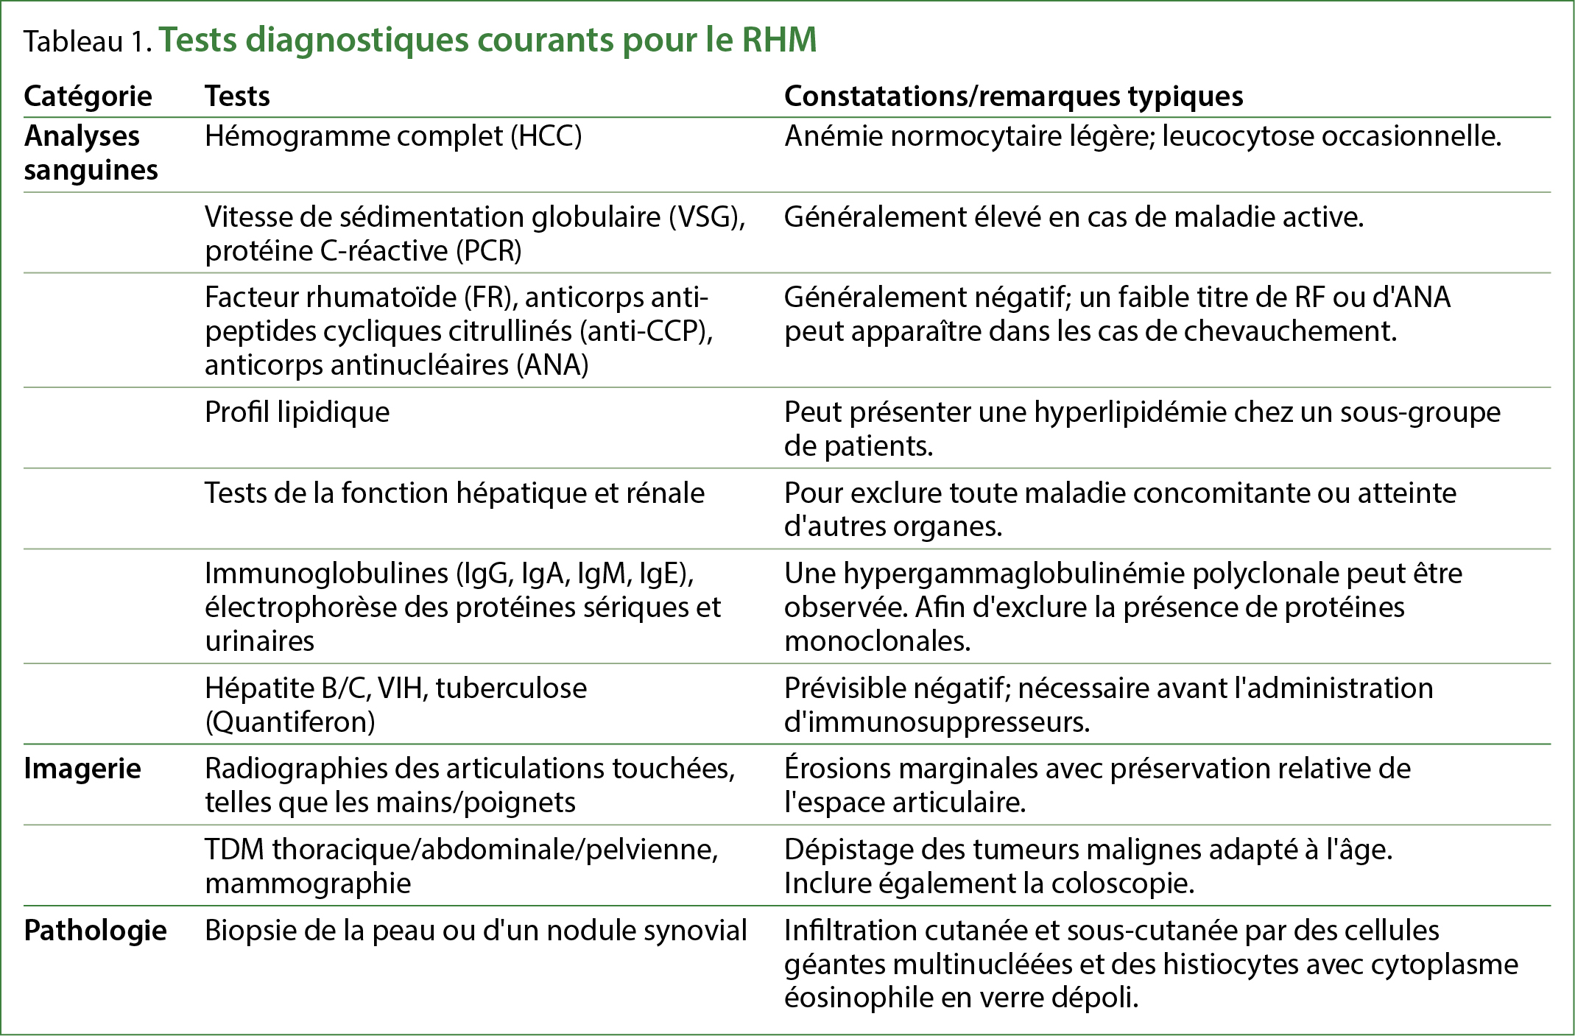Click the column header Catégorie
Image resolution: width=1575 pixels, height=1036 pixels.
click(88, 96)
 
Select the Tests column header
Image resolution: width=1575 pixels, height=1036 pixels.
click(237, 96)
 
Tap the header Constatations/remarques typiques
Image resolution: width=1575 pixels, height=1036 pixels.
click(1013, 96)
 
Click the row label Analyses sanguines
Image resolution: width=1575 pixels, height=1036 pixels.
click(91, 153)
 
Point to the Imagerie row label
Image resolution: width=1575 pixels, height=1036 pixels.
click(82, 769)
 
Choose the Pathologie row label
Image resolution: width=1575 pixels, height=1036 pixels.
click(95, 931)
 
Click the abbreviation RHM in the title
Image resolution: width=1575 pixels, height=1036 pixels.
click(779, 40)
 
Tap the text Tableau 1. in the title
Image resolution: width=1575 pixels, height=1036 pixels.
click(88, 42)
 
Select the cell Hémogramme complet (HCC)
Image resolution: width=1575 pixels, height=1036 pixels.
click(393, 136)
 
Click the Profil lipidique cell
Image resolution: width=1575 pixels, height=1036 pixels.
click(297, 412)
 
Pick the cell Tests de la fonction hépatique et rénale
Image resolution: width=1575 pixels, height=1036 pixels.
click(454, 493)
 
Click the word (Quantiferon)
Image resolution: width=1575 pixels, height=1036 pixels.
click(290, 722)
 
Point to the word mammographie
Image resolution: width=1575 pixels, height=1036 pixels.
click(308, 884)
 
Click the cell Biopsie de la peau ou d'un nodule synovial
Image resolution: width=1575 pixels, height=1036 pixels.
click(476, 931)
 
